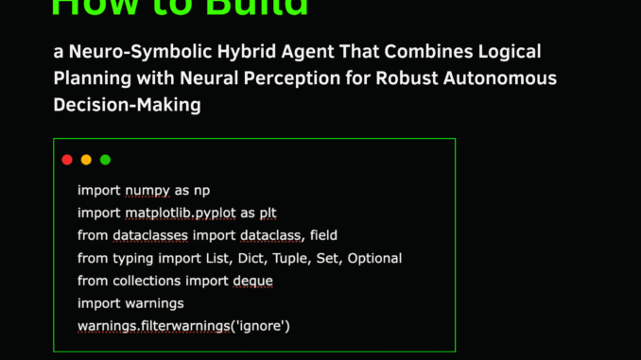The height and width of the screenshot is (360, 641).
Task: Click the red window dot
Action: [67, 160]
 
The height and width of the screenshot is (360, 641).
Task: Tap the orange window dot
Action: [86, 160]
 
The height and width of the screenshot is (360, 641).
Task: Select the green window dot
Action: [105, 160]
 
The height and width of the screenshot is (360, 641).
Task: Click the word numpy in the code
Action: [147, 190]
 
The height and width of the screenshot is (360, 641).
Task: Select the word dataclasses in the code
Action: [151, 235]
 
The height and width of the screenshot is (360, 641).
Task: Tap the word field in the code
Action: [319, 235]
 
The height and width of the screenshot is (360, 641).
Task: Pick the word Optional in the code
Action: [374, 258]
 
